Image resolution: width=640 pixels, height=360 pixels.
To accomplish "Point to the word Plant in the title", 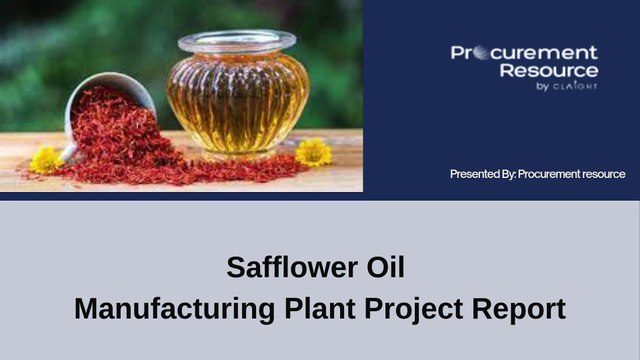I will point(309,308).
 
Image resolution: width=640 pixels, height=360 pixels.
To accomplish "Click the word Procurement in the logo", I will point(524,53).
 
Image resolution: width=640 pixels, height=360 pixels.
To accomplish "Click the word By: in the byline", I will point(525,174).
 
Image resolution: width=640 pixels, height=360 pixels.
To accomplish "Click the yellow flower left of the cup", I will point(46,159).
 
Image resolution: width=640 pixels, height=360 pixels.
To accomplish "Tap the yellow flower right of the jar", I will point(313,152).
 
